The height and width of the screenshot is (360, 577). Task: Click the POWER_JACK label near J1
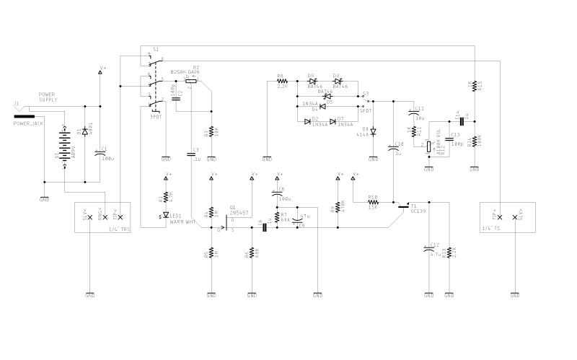pyautogui.click(x=29, y=123)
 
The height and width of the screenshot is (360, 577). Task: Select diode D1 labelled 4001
pyautogui.click(x=85, y=132)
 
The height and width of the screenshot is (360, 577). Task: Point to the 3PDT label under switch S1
pyautogui.click(x=155, y=115)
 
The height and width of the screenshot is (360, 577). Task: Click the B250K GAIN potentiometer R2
pyautogui.click(x=189, y=81)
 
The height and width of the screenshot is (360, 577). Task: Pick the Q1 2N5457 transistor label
pyautogui.click(x=239, y=214)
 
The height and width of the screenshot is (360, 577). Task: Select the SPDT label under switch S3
pyautogui.click(x=365, y=110)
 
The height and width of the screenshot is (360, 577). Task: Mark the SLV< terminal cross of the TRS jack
pyautogui.click(x=89, y=216)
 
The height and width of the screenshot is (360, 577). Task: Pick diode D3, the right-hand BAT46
pyautogui.click(x=336, y=81)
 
